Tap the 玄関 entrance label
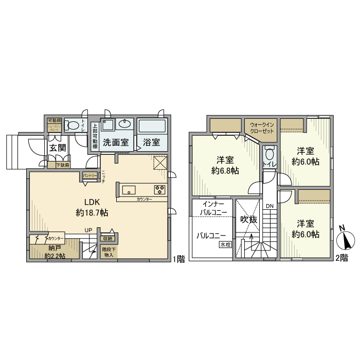pos(57,148)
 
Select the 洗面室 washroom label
pos(116,142)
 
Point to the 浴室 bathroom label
pos(151,142)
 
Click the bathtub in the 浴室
pos(151,125)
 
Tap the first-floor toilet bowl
pos(74,124)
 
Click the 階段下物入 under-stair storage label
pos(109,252)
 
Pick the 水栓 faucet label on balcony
pos(225,245)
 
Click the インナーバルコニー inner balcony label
pos(213,208)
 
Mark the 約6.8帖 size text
pos(226,170)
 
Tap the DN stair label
pos(269,206)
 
